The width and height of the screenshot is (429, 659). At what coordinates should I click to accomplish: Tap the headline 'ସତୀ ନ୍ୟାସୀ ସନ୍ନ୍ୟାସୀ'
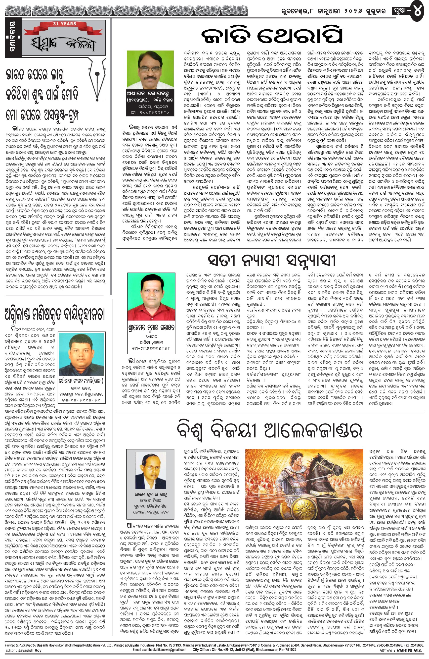coord(272,260)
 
